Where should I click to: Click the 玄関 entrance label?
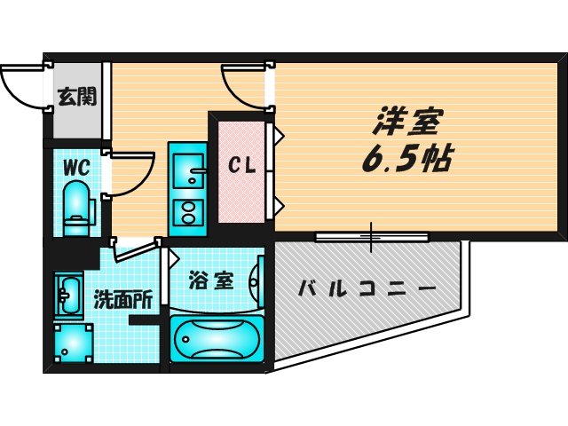pyautogui.click(x=78, y=97)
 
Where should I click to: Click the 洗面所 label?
pyautogui.click(x=122, y=300)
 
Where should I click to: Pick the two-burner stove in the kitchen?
pyautogui.click(x=186, y=211)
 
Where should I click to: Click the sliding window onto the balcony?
pyautogui.click(x=371, y=236)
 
